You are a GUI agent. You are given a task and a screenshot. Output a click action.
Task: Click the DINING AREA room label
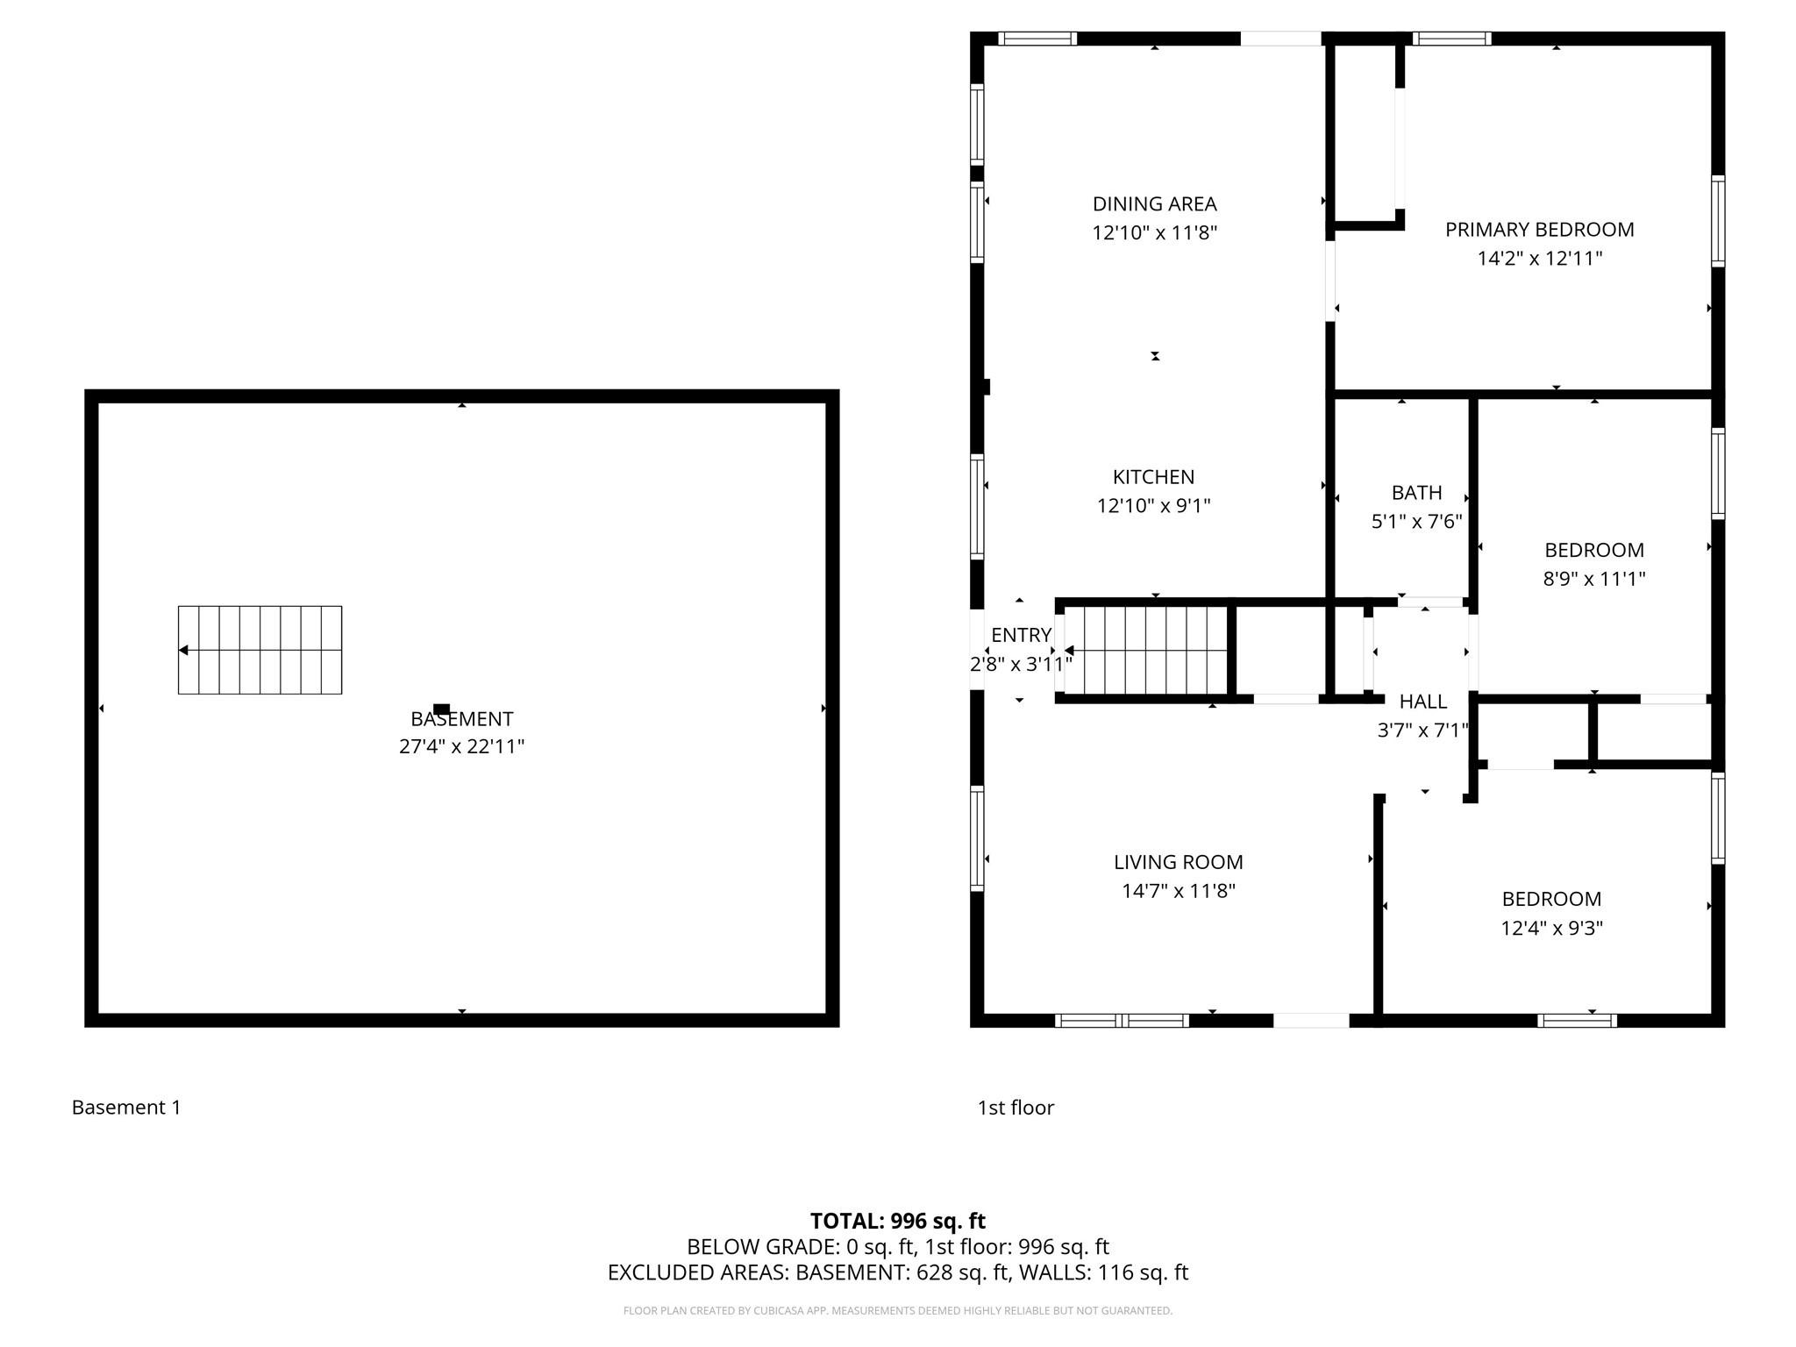coord(1154,204)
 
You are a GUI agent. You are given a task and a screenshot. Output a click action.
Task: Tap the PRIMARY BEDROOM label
coord(1539,230)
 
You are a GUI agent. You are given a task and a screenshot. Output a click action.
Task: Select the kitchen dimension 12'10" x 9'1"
coord(1153,506)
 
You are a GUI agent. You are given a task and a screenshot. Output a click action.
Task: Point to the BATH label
coord(1416,493)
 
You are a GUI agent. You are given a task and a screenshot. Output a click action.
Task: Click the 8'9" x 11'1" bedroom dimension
coord(1593,579)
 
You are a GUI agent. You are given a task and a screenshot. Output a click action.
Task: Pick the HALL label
coord(1422,702)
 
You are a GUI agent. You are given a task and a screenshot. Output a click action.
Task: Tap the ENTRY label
coord(1021,635)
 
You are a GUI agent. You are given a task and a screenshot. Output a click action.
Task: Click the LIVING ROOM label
coord(1178,862)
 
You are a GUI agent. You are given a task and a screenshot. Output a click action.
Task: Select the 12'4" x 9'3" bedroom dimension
coord(1551,928)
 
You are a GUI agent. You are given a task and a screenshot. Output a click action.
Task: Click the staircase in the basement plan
coord(260,650)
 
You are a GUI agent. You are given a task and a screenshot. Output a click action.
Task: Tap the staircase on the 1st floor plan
coord(1147,650)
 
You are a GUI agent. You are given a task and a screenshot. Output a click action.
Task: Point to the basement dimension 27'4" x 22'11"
coord(461,746)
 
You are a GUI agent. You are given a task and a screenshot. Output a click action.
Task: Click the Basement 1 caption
coord(126,1108)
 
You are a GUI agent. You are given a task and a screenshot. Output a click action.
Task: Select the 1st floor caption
coord(1016,1108)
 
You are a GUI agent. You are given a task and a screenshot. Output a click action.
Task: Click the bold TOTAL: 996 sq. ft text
coord(897,1221)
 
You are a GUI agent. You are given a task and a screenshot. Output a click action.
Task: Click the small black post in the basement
coord(442,709)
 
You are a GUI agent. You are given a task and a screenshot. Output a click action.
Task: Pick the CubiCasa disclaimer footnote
coord(897,1311)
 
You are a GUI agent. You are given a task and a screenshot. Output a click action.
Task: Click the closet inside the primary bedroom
coord(1365,132)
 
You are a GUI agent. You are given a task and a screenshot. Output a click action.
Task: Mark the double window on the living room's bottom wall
coord(1122,1020)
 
